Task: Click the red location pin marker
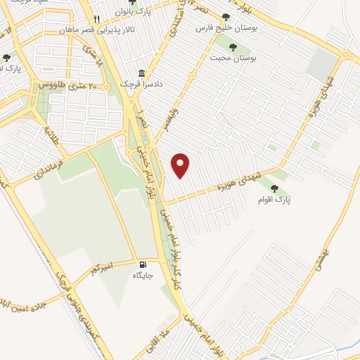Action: click(x=181, y=165)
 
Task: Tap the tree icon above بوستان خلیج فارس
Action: click(x=226, y=16)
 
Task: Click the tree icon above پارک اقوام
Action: click(x=274, y=188)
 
